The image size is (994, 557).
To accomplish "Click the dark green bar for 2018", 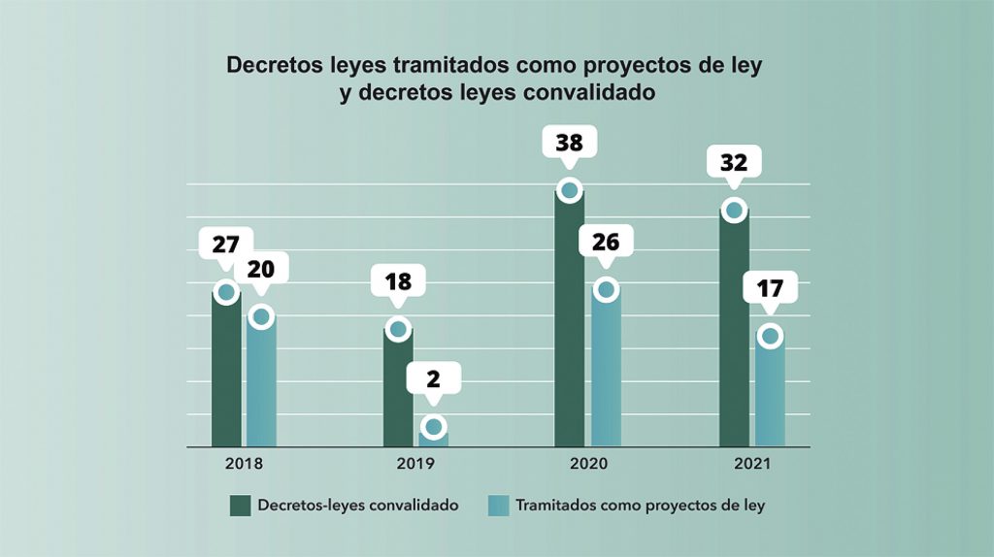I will pos(226,374).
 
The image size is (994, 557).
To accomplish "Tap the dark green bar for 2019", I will pos(398,392).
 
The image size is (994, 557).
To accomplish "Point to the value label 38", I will pos(569,143).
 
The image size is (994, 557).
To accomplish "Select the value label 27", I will pos(225,244).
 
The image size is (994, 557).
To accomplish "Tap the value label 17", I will pos(769,288).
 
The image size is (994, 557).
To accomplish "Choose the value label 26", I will pos(606,242).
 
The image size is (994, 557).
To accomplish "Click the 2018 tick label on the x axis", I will pos(244,464).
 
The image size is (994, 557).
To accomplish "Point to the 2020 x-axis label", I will pos(588,464).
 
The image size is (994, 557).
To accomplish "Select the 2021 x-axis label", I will pos(751,464).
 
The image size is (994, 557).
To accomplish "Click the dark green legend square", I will pos(240,506).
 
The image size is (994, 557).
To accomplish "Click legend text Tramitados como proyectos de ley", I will pos(640,506).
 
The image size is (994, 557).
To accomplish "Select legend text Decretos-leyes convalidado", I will pos(358,506).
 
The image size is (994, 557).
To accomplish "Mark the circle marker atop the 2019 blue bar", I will pos(434,427).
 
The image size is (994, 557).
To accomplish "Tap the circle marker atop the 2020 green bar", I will pos(570,189).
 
